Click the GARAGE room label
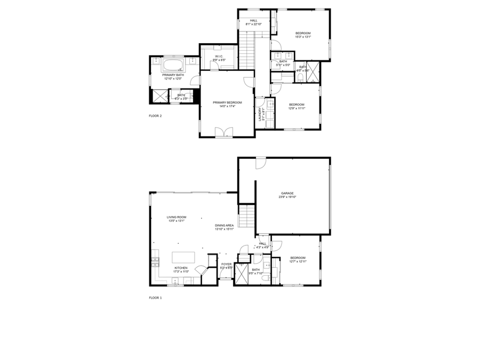point(287,193)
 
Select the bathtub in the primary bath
point(172,66)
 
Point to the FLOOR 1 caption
point(155,298)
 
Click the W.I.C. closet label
point(219,56)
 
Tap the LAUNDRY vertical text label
point(260,114)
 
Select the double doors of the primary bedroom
point(223,132)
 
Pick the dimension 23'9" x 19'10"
point(287,197)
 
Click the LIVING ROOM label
point(176,217)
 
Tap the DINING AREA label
point(224,226)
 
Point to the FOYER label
point(227,264)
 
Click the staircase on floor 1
point(246,217)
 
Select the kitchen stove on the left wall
point(155,261)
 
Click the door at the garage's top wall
point(260,162)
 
